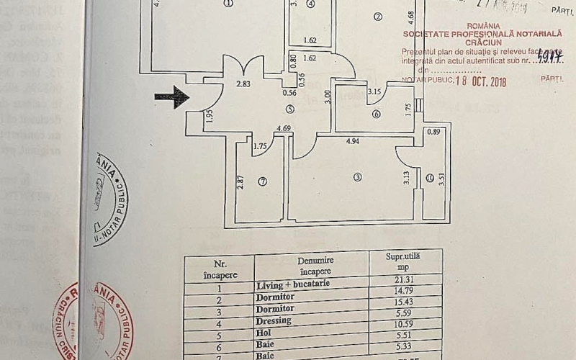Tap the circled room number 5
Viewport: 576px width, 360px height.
289,109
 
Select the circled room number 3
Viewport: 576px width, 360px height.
357,177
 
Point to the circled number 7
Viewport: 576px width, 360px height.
263,181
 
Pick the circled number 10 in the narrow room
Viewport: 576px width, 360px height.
429,178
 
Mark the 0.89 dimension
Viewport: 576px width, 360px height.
433,131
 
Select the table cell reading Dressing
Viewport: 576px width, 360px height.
274,320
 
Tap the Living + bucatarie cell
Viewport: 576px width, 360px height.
292,285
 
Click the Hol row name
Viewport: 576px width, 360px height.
264,332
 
